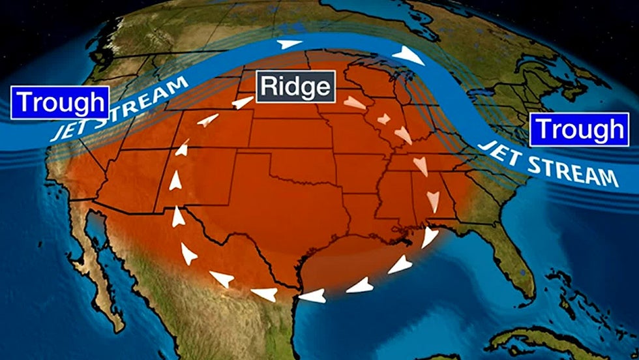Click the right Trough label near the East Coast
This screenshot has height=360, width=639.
pos(579,130)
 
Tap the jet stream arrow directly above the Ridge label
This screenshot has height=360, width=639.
pos(286,45)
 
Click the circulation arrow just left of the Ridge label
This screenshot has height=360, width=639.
pos(242,102)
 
